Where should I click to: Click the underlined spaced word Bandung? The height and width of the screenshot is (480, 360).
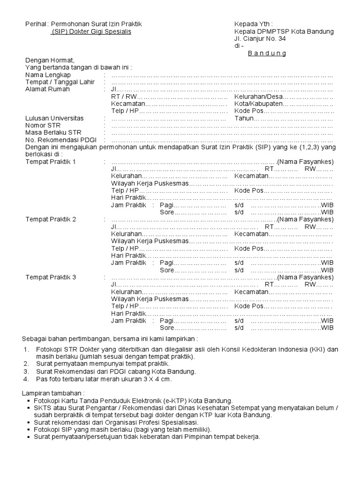[x=267, y=53]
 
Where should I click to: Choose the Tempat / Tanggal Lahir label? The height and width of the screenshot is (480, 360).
[x=57, y=82]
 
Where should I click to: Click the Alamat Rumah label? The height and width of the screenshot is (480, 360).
[x=47, y=90]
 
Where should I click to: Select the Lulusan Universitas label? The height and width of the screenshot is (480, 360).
[x=54, y=119]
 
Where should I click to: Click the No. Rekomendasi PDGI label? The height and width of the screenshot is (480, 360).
[x=57, y=140]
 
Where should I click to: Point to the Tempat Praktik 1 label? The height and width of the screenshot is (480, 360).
[x=51, y=162]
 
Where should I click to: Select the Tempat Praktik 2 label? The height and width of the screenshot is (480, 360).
[x=51, y=219]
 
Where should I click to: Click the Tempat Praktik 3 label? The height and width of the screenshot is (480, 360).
[x=51, y=277]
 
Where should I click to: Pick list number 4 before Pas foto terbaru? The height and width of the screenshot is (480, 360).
[x=26, y=379]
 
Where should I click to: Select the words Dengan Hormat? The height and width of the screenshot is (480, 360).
[x=50, y=60]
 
